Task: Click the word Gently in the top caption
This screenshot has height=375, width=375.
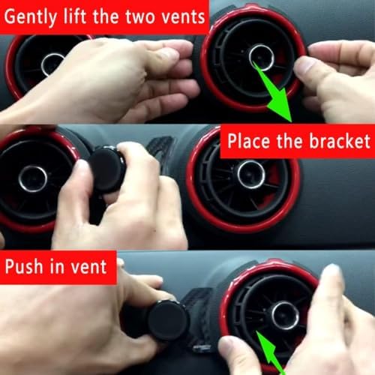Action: pyautogui.click(x=30, y=17)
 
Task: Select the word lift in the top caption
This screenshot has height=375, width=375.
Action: pyautogui.click(x=74, y=16)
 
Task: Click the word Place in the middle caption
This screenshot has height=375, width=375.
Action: pyautogui.click(x=250, y=141)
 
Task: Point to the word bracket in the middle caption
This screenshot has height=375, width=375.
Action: pyautogui.click(x=340, y=141)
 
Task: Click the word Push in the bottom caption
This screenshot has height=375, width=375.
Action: pyautogui.click(x=24, y=266)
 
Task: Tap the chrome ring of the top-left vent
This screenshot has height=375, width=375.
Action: pyautogui.click(x=43, y=66)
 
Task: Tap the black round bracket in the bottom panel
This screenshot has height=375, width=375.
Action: pyautogui.click(x=168, y=321)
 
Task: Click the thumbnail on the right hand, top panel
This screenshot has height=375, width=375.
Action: pyautogui.click(x=303, y=67)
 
